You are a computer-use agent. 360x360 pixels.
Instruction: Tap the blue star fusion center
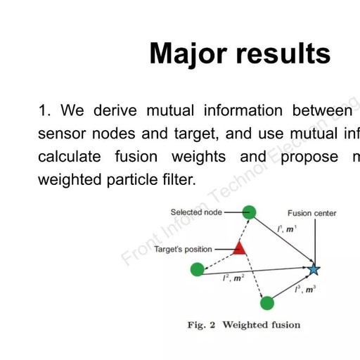coord(314,269)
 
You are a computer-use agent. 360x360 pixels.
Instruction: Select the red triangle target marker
coord(239,247)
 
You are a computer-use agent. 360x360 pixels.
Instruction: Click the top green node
coord(248,212)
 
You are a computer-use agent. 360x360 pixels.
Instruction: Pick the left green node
coord(198,269)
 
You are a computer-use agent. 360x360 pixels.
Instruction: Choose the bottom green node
coord(266,303)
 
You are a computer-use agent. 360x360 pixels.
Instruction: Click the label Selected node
coord(196,212)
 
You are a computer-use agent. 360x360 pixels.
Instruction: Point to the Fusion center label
coord(311,213)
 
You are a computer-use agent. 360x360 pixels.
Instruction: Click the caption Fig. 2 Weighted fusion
coord(243,325)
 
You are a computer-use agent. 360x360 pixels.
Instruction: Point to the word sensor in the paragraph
coord(63,134)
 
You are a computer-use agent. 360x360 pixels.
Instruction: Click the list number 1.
coord(44,110)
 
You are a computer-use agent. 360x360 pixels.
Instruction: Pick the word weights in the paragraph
coord(200,156)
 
